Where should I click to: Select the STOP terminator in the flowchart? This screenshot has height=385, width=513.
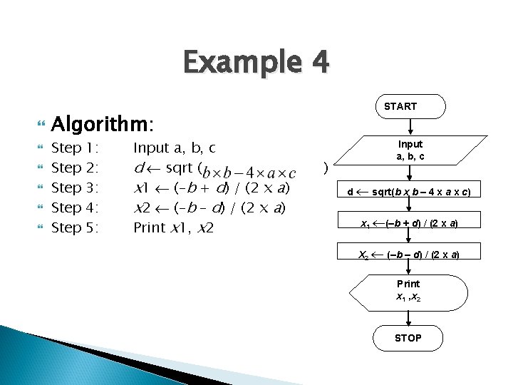(x=408, y=338)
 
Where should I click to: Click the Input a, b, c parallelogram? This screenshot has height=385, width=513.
(x=410, y=150)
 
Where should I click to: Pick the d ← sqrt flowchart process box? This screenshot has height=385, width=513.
(x=409, y=192)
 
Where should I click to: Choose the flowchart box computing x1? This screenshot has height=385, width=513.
(x=409, y=223)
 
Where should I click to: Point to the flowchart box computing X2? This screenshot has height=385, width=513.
(x=409, y=255)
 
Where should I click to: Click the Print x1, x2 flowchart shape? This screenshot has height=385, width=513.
(x=409, y=290)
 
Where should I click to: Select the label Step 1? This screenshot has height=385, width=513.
(x=75, y=148)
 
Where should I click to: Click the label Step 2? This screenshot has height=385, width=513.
(x=75, y=168)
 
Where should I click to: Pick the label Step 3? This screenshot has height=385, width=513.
(x=75, y=188)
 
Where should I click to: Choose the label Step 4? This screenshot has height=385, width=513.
(x=75, y=208)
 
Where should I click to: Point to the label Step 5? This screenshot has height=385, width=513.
(x=75, y=228)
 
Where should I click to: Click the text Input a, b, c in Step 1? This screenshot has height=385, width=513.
(x=175, y=148)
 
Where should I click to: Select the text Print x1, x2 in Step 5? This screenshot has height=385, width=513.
(x=174, y=228)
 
